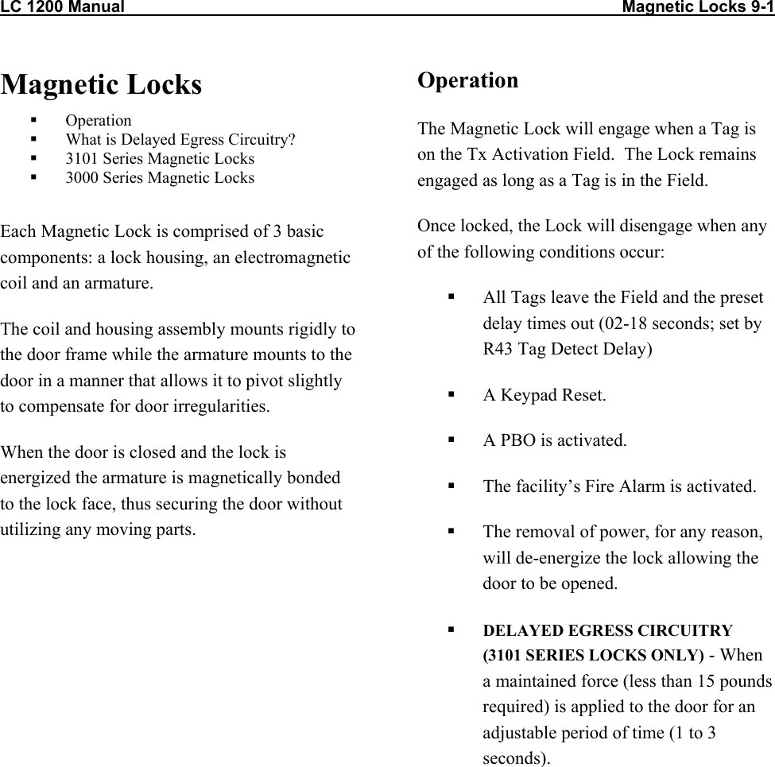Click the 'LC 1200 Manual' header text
(62, 8)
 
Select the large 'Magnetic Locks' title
(102, 84)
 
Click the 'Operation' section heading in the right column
(467, 80)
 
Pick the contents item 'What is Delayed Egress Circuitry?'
(180, 140)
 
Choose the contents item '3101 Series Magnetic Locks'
(160, 159)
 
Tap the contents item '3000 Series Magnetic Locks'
(160, 178)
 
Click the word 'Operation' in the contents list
(99, 121)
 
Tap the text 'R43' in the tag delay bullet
(499, 349)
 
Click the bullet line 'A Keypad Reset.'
(544, 395)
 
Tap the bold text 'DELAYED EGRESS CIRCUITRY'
(608, 630)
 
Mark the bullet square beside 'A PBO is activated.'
(451, 439)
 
